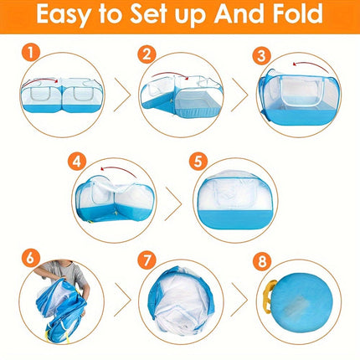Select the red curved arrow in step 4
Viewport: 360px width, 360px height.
tap(106, 167)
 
